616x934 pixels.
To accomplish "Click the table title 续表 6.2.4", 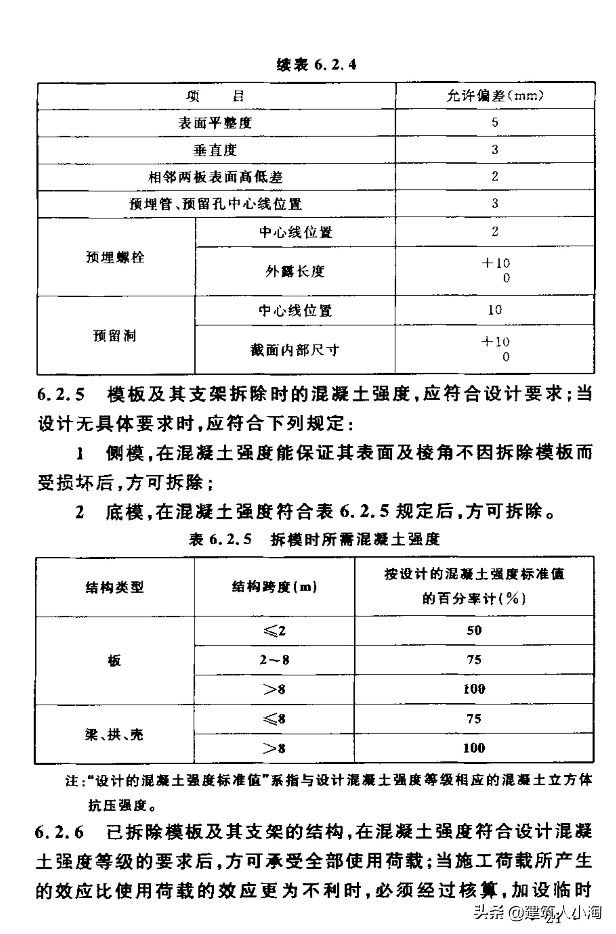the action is pyautogui.click(x=316, y=65).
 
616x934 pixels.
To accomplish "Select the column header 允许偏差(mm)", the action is pyautogui.click(x=495, y=96).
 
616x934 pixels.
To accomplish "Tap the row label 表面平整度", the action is pyautogui.click(x=215, y=123).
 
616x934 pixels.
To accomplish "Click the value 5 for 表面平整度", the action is pyautogui.click(x=495, y=122).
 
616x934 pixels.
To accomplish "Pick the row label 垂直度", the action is pyautogui.click(x=215, y=150).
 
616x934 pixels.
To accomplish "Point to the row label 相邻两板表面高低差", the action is pyautogui.click(x=215, y=177).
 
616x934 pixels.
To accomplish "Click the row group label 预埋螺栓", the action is pyautogui.click(x=115, y=257).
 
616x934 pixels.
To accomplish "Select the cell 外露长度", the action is pyautogui.click(x=295, y=271).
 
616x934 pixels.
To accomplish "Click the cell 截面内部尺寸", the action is pyautogui.click(x=295, y=350).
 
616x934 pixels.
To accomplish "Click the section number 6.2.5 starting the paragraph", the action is pyautogui.click(x=61, y=395).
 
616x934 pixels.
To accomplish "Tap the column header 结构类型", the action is pyautogui.click(x=115, y=587).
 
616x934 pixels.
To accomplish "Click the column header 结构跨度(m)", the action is pyautogui.click(x=274, y=586).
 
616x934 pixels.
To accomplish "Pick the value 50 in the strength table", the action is pyautogui.click(x=474, y=630).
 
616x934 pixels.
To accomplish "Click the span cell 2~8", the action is pyautogui.click(x=274, y=659).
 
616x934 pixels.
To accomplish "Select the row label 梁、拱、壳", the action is pyautogui.click(x=114, y=735).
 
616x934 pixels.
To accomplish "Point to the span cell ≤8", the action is pyautogui.click(x=274, y=719).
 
